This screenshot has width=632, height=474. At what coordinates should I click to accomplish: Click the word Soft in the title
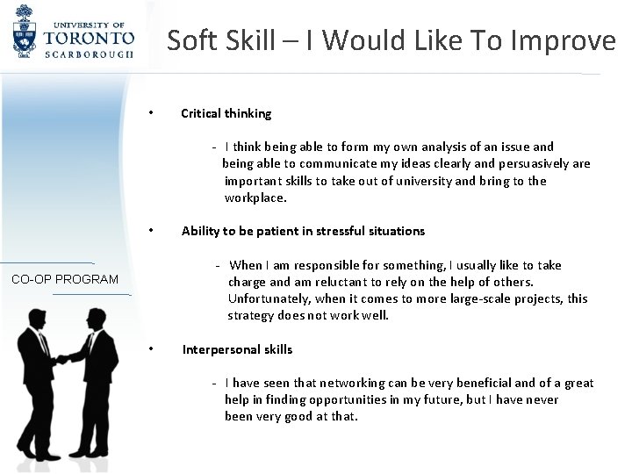(x=191, y=40)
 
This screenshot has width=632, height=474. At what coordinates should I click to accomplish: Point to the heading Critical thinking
(x=226, y=113)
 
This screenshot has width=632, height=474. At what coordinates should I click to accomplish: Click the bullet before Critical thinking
(x=152, y=112)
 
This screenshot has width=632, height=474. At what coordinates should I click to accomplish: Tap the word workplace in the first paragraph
(x=255, y=197)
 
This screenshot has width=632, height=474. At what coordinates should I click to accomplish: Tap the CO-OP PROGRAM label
(x=65, y=279)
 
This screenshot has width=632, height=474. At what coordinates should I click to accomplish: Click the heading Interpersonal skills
(x=237, y=348)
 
